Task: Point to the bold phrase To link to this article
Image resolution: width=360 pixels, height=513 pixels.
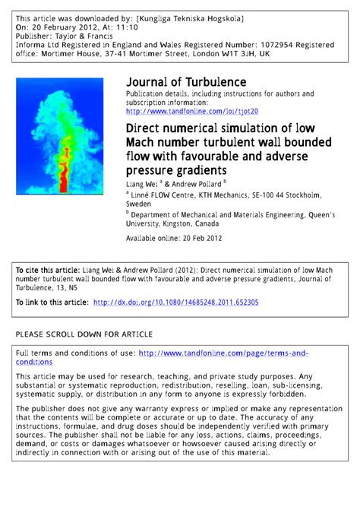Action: point(52,302)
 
